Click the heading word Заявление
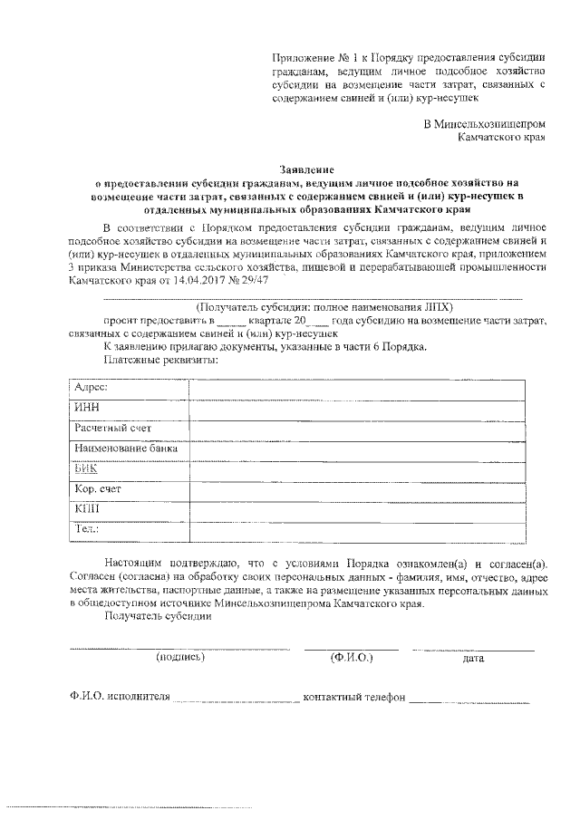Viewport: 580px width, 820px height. (x=307, y=169)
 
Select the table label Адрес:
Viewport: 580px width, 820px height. (x=92, y=387)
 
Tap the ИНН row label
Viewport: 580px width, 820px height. (x=87, y=408)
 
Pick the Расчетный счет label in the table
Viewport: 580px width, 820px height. (x=112, y=428)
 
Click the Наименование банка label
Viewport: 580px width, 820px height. (x=126, y=449)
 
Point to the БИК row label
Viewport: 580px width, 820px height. (x=87, y=469)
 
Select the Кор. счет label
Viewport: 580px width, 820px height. (x=98, y=490)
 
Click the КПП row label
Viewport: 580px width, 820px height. (x=88, y=510)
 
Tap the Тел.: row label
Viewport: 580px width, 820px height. (x=88, y=530)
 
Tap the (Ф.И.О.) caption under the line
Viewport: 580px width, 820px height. (x=352, y=657)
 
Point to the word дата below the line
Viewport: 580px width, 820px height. (x=473, y=658)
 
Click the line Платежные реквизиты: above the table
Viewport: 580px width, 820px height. (x=160, y=360)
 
